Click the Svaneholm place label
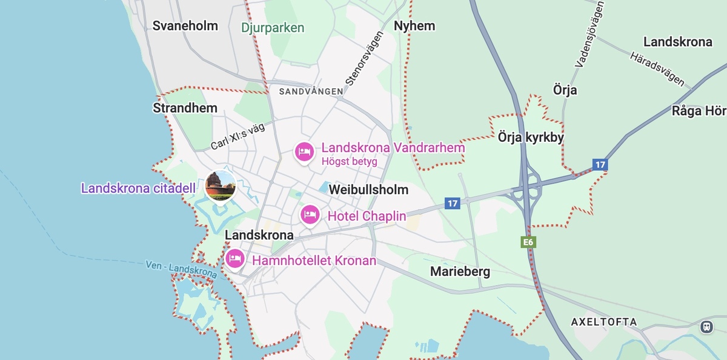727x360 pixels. (x=185, y=26)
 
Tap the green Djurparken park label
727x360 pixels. (x=273, y=28)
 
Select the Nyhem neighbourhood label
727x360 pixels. (x=414, y=26)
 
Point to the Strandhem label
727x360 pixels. (x=185, y=108)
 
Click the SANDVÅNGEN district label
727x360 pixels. (x=311, y=92)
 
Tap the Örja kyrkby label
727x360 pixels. (x=531, y=138)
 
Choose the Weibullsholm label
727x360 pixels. (x=368, y=190)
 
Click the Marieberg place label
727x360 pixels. (x=460, y=272)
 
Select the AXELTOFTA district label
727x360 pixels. (x=604, y=322)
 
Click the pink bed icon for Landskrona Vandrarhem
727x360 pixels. (x=304, y=151)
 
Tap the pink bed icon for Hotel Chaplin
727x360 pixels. (x=310, y=214)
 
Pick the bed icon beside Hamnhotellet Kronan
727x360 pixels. (x=235, y=259)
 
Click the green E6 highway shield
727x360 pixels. (x=528, y=242)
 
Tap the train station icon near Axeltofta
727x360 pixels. (x=706, y=327)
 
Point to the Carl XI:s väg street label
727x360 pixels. (x=237, y=137)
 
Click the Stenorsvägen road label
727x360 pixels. (x=360, y=58)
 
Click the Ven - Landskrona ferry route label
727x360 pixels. (x=181, y=270)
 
